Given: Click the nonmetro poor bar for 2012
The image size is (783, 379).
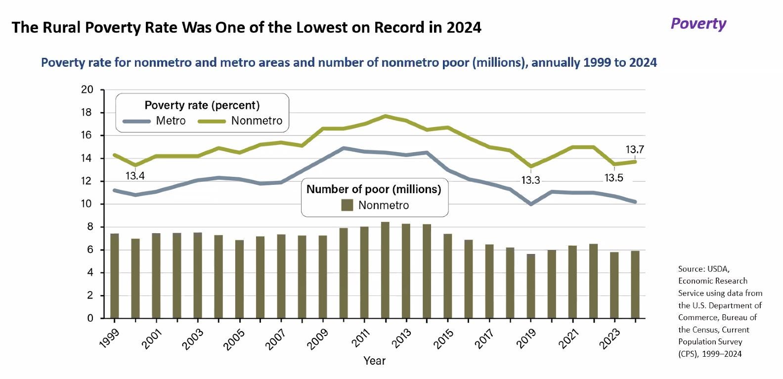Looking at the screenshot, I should coord(385,270).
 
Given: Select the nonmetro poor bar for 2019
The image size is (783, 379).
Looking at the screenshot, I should coord(531,286).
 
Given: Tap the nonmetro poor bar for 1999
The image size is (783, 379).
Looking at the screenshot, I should coord(115,275).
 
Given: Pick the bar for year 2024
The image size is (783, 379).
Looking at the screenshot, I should coord(635,284).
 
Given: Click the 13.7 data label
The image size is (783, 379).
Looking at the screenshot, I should coord(635,149).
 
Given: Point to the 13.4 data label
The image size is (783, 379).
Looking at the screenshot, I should coord(135,176).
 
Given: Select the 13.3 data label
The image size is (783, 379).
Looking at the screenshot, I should coord(531,180).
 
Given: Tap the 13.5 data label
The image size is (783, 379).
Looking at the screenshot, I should coord(614,178).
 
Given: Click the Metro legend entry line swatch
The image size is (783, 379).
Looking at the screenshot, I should coord(136,121).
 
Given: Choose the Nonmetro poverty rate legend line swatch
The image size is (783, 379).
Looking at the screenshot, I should coord(212,121).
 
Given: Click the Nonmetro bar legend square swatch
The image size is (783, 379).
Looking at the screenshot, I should coord(348,205).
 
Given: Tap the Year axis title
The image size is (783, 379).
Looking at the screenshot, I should coord(374,361).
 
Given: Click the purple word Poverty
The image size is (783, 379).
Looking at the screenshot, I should coord(698,24).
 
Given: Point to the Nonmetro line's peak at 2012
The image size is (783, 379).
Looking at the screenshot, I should coord(385,116).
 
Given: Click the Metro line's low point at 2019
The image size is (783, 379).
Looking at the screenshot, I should coord(531,204).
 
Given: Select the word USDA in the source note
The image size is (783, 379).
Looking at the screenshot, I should coord(718,269).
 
